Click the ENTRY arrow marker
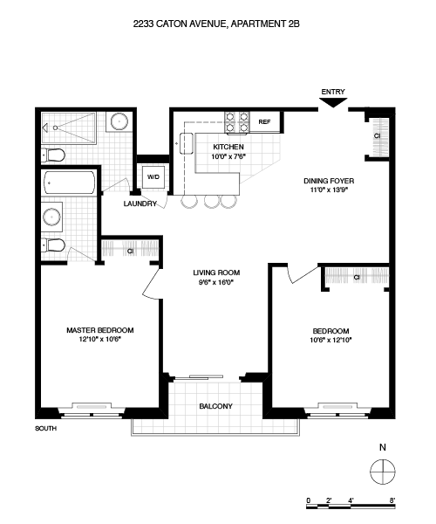(333, 102)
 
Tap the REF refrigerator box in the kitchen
(265, 122)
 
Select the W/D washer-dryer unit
(153, 176)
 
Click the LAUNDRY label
(140, 203)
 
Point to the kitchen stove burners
(237, 122)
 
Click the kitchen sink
(187, 143)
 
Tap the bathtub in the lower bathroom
(70, 183)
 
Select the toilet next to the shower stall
(53, 155)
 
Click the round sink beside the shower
(119, 121)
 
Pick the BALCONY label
(216, 406)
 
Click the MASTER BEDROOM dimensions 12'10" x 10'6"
(99, 339)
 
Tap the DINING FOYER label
(329, 181)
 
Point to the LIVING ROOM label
(216, 272)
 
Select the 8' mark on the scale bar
(392, 500)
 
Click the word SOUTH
(45, 429)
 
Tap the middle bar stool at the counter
(212, 201)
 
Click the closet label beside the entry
(377, 136)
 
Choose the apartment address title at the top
(216, 24)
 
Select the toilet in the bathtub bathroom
(53, 246)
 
